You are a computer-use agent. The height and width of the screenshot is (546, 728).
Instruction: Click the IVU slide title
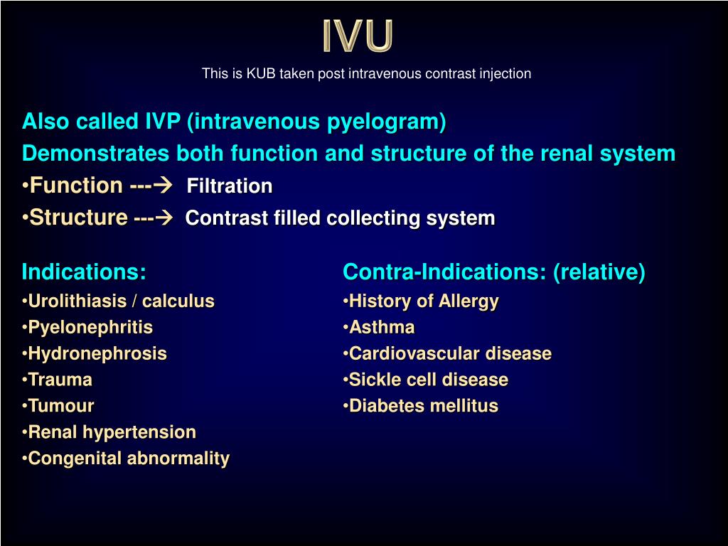[358, 36]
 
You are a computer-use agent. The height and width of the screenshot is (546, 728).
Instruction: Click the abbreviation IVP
[163, 121]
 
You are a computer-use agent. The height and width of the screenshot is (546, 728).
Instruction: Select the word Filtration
[230, 186]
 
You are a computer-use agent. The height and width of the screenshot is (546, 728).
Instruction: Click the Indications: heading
[84, 272]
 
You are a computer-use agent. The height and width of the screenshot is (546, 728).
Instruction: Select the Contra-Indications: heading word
[444, 272]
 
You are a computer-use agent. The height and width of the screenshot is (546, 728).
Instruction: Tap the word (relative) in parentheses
[599, 272]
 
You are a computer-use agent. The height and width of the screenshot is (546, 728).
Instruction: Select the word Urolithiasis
[77, 301]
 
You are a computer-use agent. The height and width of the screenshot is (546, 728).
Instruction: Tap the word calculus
[178, 301]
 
